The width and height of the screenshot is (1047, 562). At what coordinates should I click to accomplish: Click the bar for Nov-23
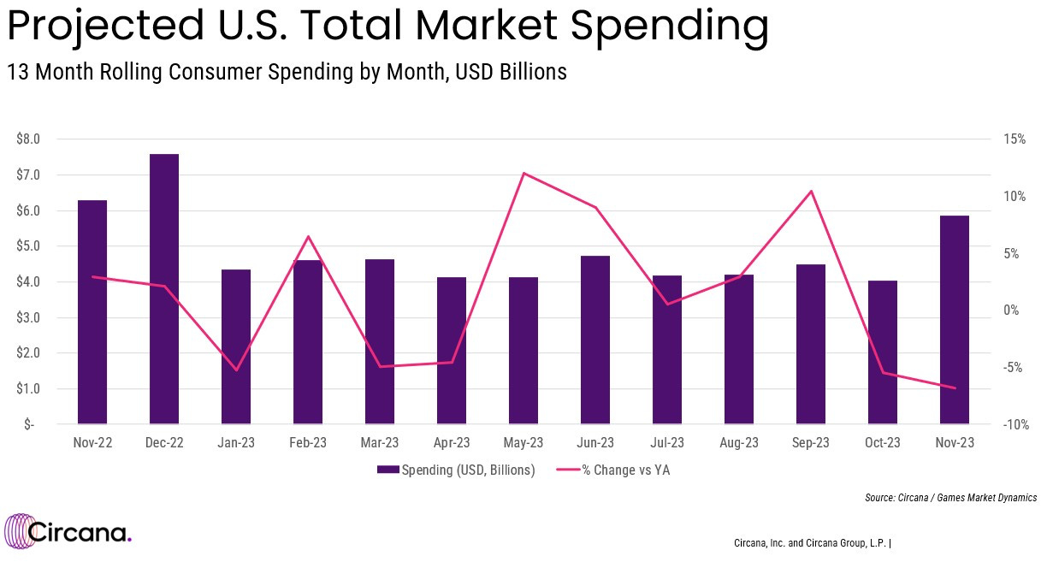(954, 320)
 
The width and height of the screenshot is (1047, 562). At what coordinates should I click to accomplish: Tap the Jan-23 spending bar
(236, 346)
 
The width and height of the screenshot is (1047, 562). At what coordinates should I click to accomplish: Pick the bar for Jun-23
(595, 340)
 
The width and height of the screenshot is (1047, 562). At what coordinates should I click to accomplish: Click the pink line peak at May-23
(523, 174)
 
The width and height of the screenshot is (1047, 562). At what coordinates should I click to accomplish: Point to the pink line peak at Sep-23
(811, 191)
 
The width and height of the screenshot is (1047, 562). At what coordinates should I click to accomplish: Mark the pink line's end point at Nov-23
(954, 388)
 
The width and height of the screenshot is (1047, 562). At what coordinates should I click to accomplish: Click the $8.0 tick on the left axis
(28, 139)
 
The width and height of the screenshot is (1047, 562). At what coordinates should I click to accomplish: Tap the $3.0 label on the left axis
(28, 317)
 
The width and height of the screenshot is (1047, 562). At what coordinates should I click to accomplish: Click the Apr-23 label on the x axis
(452, 443)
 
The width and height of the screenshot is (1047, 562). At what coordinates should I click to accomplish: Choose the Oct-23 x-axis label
(883, 443)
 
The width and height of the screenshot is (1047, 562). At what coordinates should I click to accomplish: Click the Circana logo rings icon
(19, 532)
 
